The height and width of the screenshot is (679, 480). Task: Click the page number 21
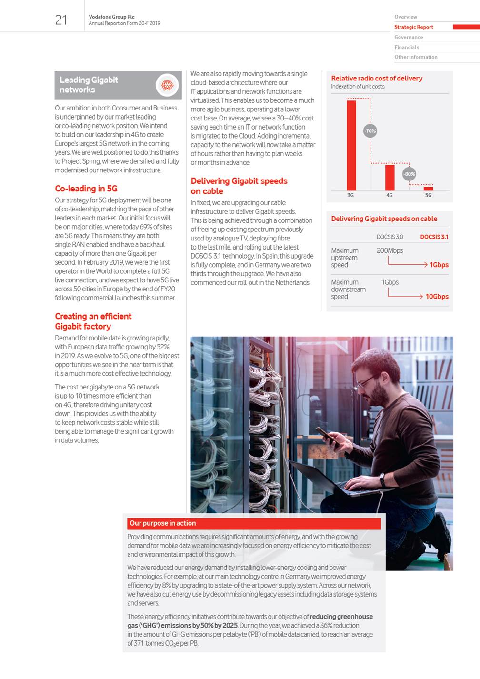coord(61,20)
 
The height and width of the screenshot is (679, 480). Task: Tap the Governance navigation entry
coord(408,37)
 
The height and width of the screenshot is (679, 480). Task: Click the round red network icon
coord(167,85)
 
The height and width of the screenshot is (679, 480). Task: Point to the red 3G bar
coord(351,145)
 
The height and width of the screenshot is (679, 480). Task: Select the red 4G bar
coord(390,177)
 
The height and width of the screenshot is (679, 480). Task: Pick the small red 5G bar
coord(428,189)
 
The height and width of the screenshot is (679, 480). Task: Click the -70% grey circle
coord(370,130)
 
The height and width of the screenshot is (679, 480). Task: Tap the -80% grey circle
coord(409,174)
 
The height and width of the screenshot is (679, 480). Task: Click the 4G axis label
coord(390,195)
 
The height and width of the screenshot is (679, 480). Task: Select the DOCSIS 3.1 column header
coord(434,237)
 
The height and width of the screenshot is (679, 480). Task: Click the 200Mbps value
coord(390,250)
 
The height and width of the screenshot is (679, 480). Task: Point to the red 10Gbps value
coord(437,297)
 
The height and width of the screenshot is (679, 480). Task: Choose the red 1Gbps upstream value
coord(439,265)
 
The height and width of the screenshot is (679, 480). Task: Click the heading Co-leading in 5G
coord(86,189)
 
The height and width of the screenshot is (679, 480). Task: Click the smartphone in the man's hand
coord(327,436)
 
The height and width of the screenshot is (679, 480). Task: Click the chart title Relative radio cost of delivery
coord(377,78)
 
